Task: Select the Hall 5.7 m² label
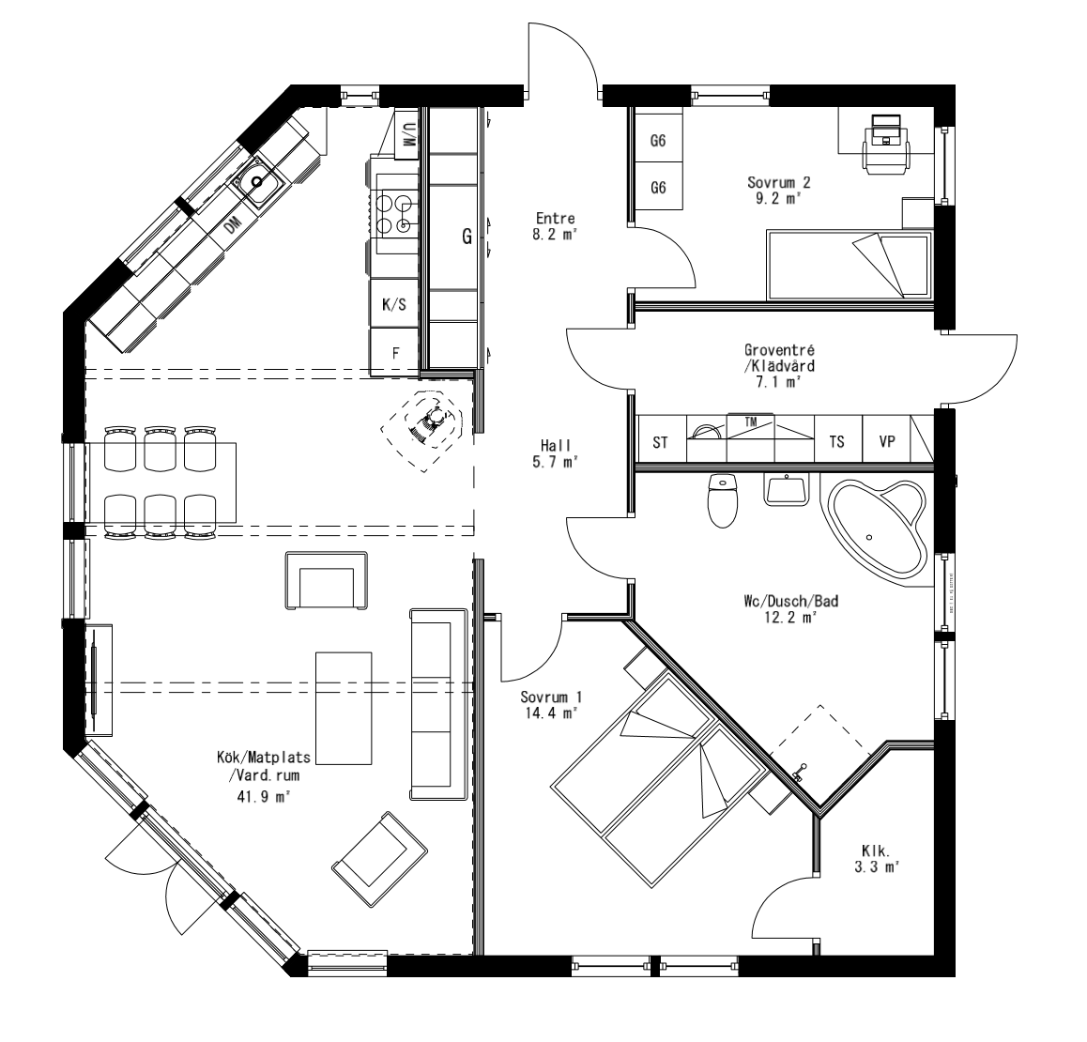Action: tap(556, 453)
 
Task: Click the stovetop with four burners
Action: tap(393, 212)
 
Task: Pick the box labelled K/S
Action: tap(394, 304)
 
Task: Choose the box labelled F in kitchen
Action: tap(395, 353)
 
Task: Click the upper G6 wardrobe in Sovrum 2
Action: tap(658, 142)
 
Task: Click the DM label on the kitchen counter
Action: tap(233, 223)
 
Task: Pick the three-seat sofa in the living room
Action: tap(438, 704)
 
